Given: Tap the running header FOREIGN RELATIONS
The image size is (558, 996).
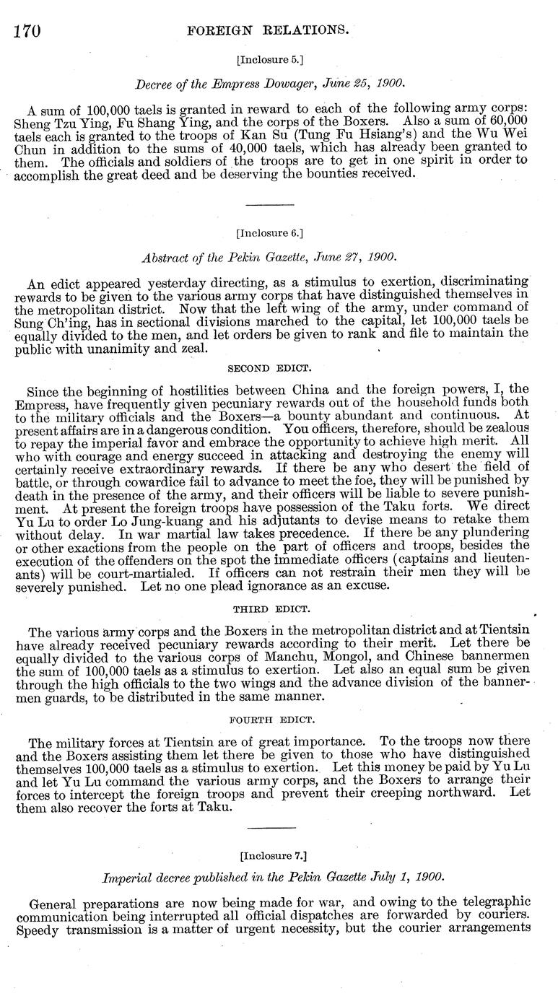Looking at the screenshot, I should [x=268, y=30].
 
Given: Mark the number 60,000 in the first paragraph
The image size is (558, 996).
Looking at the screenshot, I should [x=505, y=121].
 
